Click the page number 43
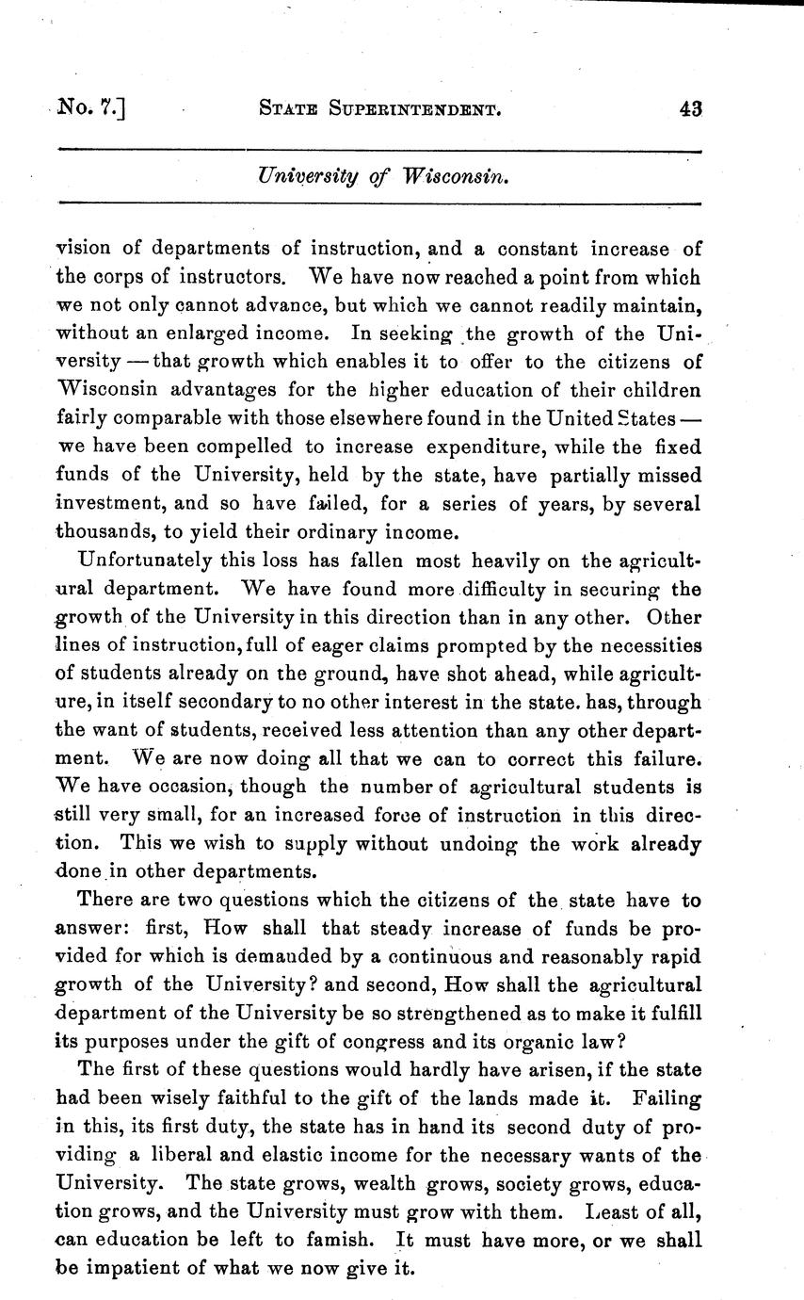pos(690,108)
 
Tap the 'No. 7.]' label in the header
pos(90,108)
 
